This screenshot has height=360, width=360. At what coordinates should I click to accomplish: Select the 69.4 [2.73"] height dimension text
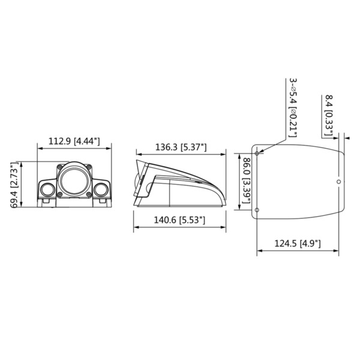point(14,185)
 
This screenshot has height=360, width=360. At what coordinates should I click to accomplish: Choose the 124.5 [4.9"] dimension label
point(297,243)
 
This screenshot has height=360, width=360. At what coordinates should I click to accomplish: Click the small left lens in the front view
point(47,190)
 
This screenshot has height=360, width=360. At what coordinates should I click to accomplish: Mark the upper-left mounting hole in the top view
point(258,154)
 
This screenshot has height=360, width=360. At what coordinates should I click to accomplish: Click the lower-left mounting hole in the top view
point(258,209)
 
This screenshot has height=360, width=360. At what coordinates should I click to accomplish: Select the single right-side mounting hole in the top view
point(339,181)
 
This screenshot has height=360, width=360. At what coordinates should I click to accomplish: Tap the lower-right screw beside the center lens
point(89,193)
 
